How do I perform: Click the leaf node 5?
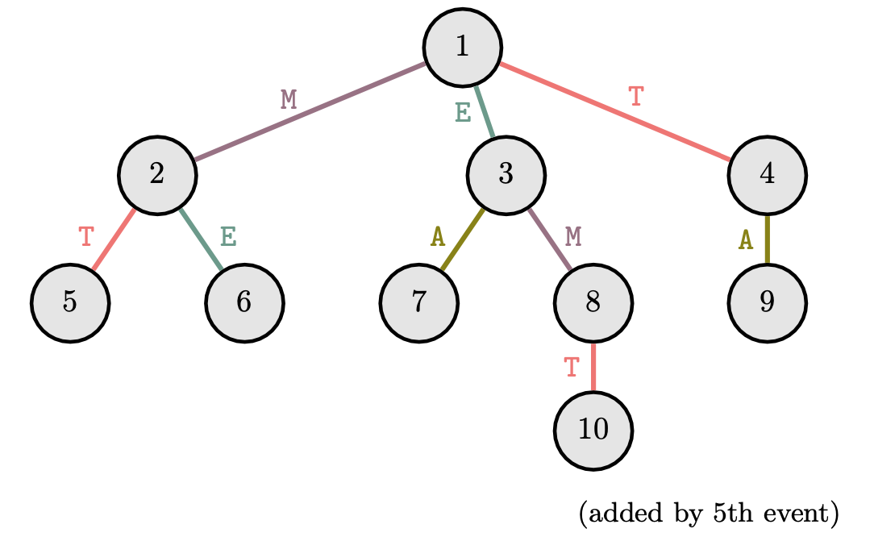[x=70, y=303]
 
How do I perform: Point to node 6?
[x=244, y=303]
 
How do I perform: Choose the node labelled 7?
[x=418, y=303]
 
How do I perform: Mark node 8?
[x=593, y=303]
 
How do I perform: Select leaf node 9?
[x=767, y=303]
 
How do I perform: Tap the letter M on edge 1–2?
[x=289, y=99]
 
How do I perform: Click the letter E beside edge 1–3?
[x=463, y=112]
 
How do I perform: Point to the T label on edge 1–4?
[x=636, y=96]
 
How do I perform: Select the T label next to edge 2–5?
[x=86, y=237]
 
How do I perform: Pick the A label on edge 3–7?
[x=438, y=236]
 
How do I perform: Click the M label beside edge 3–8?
[x=573, y=236]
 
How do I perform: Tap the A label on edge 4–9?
[x=747, y=239]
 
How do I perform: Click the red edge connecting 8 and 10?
[x=593, y=368]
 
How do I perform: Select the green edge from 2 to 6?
[x=201, y=239]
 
